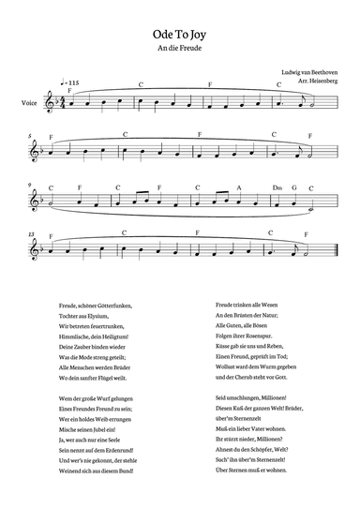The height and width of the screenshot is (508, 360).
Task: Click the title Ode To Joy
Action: pyautogui.click(x=179, y=31)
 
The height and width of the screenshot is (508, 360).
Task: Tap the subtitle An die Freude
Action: pyautogui.click(x=179, y=46)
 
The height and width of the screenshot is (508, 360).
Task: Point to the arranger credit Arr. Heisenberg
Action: pyautogui.click(x=312, y=82)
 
